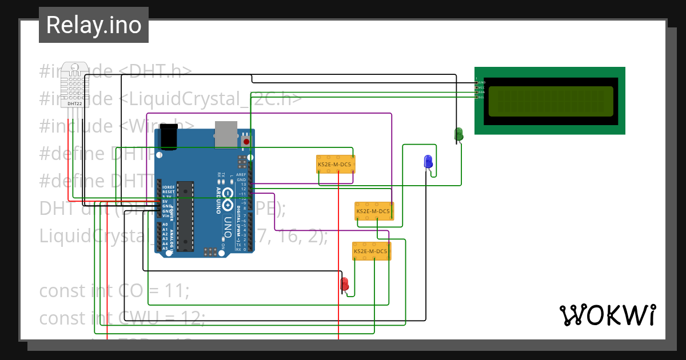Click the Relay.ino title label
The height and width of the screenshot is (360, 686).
tap(94, 25)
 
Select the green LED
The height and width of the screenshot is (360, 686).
tap(458, 134)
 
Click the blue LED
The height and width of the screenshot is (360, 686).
tap(428, 162)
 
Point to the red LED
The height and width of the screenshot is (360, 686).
tap(344, 284)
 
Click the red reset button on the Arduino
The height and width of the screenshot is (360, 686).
tap(246, 141)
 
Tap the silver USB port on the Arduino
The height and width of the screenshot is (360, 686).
tap(225, 133)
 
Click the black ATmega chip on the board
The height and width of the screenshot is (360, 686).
tap(185, 216)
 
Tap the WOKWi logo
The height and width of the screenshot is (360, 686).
tap(607, 315)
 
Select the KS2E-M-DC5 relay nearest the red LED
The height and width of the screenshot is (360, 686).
tap(370, 251)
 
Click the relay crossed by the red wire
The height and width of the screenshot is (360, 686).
tap(336, 164)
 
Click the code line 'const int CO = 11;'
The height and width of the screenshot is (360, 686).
tap(114, 291)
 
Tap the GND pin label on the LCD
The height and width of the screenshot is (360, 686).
tap(481, 82)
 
